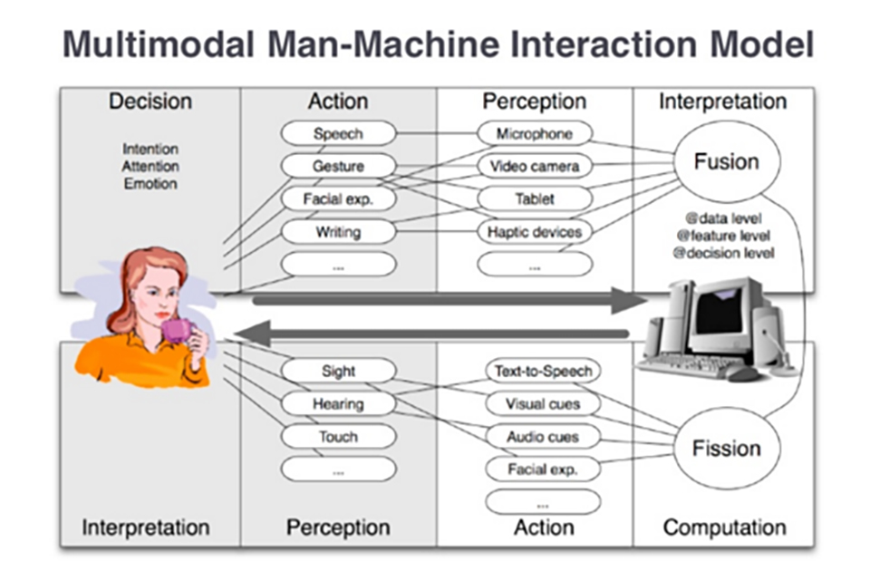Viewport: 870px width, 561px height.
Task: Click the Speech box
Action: click(338, 134)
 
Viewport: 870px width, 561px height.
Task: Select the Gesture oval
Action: click(338, 167)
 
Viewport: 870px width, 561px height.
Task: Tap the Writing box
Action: click(338, 232)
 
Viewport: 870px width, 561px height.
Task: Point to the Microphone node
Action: click(535, 134)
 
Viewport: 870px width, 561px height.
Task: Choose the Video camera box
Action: click(535, 167)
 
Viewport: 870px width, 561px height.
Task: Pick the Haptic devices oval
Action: click(535, 232)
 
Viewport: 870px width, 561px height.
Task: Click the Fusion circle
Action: click(726, 162)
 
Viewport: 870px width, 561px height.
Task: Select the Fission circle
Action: click(726, 449)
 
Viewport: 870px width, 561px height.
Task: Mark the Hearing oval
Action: click(338, 404)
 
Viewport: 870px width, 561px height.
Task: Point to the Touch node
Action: click(338, 437)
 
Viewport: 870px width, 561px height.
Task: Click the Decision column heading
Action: click(150, 102)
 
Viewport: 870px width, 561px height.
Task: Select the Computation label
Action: click(724, 527)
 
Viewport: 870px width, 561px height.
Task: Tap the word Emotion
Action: click(150, 184)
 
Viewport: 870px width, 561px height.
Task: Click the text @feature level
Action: click(724, 236)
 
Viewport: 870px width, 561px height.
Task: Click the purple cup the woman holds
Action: click(177, 330)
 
